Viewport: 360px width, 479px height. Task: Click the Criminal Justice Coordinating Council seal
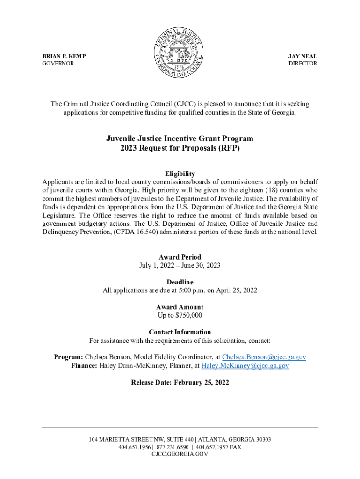click(180, 52)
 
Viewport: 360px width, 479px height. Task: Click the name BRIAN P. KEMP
click(64, 56)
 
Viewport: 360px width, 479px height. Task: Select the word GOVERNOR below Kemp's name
click(58, 63)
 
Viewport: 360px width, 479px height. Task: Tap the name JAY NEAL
click(303, 56)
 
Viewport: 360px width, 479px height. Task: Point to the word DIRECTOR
click(302, 63)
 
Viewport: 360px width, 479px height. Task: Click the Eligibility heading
click(180, 174)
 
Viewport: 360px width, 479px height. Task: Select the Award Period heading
click(180, 257)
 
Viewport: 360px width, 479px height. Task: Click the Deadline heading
click(180, 282)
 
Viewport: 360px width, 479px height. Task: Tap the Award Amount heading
click(180, 307)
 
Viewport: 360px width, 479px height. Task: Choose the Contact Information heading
click(180, 332)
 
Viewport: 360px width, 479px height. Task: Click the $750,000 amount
click(186, 315)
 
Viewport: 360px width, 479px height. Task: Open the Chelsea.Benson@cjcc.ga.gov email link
click(264, 357)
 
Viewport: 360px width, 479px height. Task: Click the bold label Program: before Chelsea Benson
click(68, 357)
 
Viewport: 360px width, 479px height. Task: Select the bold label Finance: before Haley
click(85, 366)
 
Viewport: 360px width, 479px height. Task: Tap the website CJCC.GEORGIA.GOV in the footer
click(180, 454)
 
